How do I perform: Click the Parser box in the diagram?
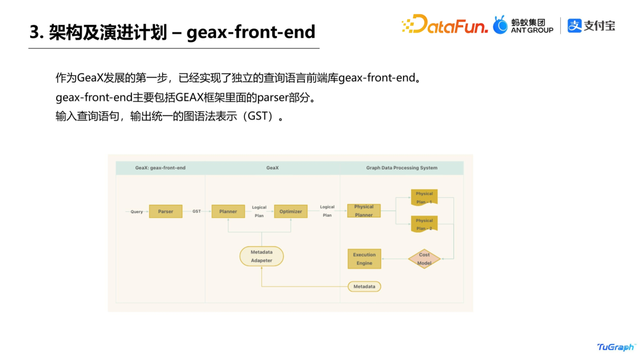166,211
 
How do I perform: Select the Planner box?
228,211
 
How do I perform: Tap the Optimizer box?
291,211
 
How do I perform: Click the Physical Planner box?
364,211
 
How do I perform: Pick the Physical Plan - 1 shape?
424,198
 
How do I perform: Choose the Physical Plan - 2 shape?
424,224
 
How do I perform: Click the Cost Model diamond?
424,259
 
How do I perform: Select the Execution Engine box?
364,259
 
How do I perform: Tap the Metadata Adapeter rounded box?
262,256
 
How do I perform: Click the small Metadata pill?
364,287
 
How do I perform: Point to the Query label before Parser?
137,212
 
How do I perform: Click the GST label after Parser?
196,211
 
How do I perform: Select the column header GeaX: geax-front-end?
160,168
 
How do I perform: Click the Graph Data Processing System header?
402,168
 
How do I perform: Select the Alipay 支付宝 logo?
591,25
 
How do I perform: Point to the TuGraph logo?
615,347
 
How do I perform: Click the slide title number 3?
35,32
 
